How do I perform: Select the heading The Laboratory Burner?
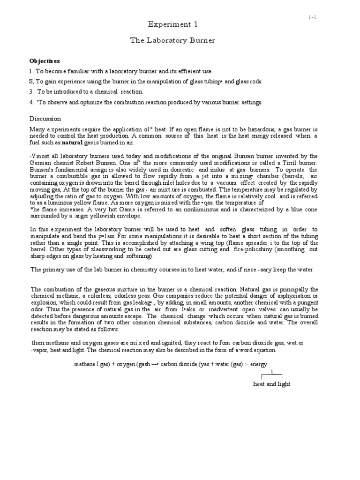172,40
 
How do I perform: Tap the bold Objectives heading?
45,61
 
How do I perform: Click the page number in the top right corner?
312,17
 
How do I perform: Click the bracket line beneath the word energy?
272,374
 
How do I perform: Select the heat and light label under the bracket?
272,384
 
